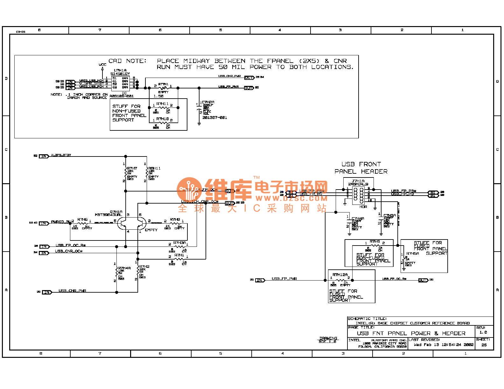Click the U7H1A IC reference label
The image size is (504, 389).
(x=120, y=70)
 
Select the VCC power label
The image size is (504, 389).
(x=102, y=65)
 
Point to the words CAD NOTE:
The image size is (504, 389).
(x=127, y=61)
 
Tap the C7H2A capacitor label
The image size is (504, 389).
(x=208, y=102)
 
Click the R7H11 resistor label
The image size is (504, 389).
(x=162, y=104)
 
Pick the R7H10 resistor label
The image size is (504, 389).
(x=162, y=119)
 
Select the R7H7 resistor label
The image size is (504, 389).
(x=132, y=168)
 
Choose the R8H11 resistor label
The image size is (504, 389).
(x=154, y=168)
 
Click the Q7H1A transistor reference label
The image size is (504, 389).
(x=116, y=212)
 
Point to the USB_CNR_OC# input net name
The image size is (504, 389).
(x=69, y=251)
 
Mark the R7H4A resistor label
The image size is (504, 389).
(x=124, y=268)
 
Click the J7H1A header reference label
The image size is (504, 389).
(x=358, y=181)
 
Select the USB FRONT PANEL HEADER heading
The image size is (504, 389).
(x=361, y=168)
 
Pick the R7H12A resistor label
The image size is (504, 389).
(x=340, y=274)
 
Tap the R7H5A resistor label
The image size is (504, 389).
(x=413, y=254)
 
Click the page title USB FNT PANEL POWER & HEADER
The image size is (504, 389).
(x=411, y=333)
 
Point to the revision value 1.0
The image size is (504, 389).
(x=483, y=332)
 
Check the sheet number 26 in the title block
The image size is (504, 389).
(x=484, y=345)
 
